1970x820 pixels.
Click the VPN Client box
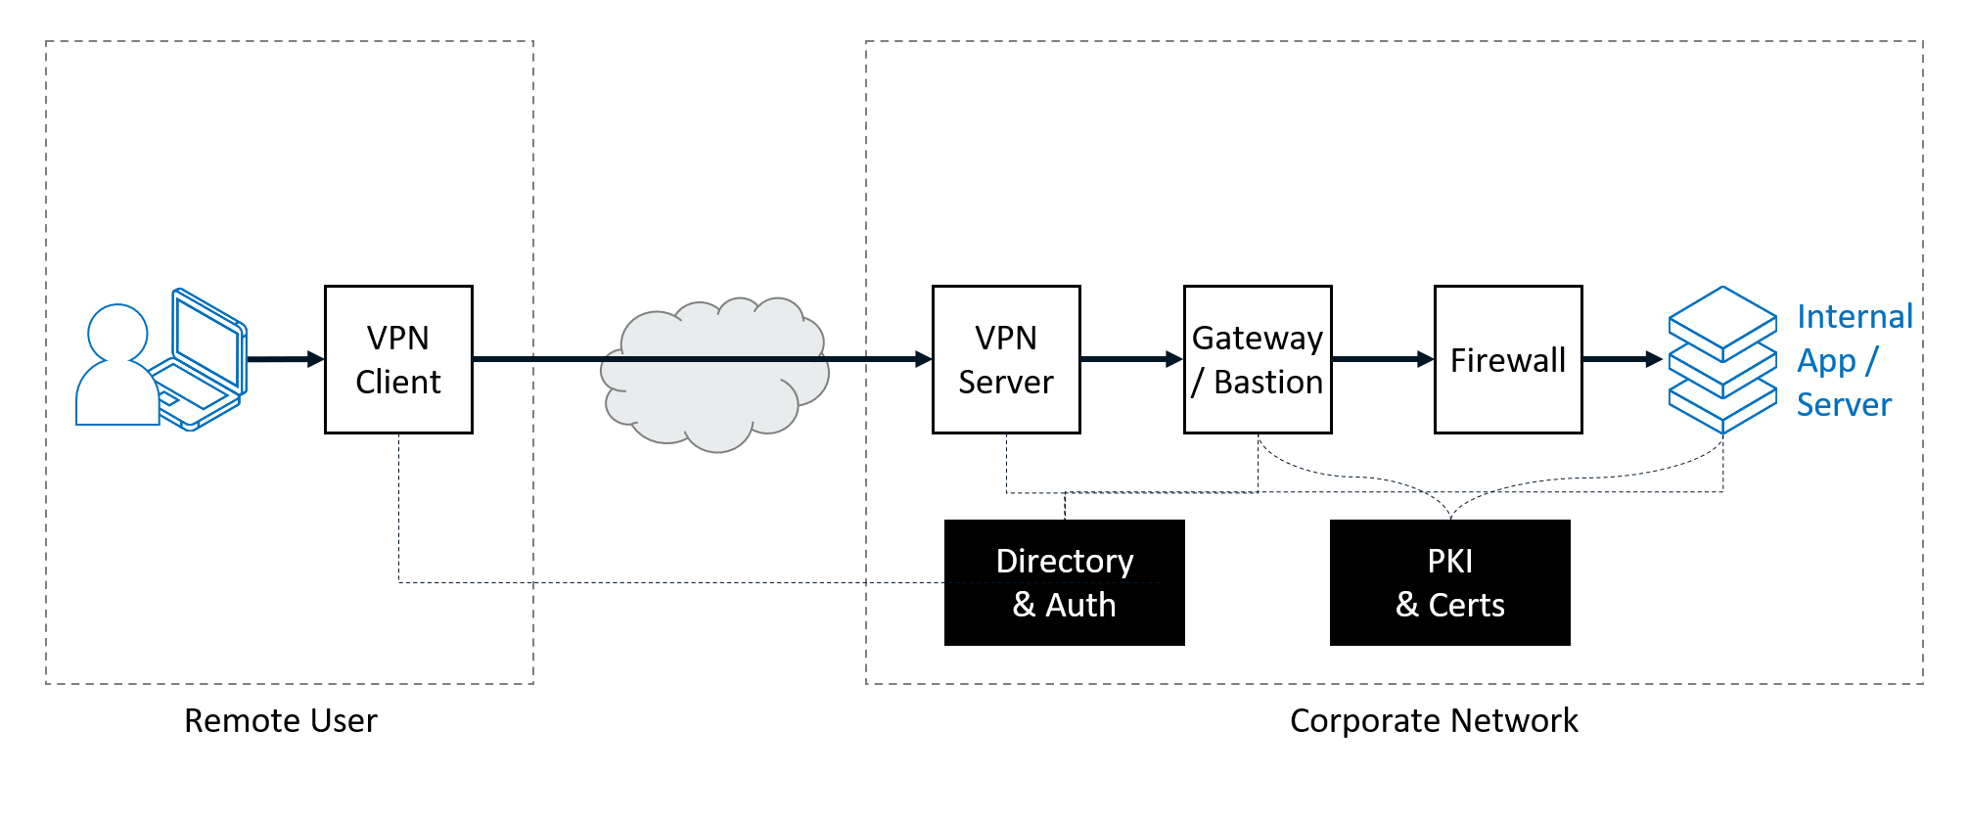398,359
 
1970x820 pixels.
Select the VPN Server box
1006,359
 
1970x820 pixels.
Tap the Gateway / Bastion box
1258,359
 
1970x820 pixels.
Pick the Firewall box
1508,359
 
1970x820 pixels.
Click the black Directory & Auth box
1065,582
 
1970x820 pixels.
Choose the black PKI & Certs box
1450,582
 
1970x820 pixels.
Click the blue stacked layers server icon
1722,359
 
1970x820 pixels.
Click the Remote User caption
281,720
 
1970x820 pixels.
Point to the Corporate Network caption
1434,720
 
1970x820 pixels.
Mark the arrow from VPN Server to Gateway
1132,359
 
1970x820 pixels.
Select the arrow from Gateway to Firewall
1384,359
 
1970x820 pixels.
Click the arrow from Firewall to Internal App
1624,359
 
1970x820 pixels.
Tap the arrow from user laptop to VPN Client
286,359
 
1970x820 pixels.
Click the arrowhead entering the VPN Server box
924,359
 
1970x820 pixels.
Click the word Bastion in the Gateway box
1268,382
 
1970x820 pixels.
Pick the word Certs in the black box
1466,605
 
